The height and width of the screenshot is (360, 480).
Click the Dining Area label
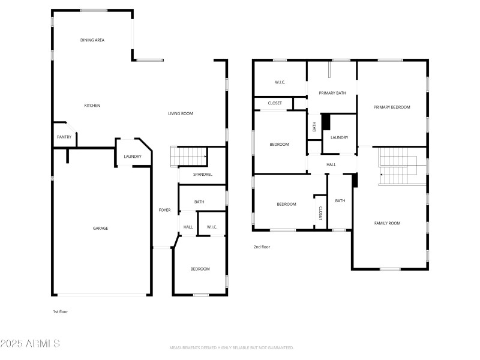[x=92, y=40]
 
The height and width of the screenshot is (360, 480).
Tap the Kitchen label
[x=92, y=106]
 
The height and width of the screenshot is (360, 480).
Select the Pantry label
[x=64, y=137]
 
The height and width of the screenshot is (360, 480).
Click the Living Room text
[x=180, y=113]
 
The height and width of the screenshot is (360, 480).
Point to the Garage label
[x=100, y=228]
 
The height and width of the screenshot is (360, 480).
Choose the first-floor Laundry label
[x=133, y=157]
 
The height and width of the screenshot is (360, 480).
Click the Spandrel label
[x=202, y=175]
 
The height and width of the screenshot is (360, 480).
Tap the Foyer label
[x=164, y=210]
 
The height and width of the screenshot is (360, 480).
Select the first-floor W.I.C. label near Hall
[x=212, y=227]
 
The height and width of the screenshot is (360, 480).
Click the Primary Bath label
[x=332, y=93]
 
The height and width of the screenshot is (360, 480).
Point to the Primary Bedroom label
[x=392, y=107]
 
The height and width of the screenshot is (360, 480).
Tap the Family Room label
[x=387, y=223]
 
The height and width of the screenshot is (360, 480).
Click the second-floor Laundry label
[x=339, y=137]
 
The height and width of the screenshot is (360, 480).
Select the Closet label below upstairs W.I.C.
[x=275, y=103]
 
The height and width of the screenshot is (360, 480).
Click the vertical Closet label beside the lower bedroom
[x=320, y=213]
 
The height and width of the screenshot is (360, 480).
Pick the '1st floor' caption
[x=61, y=311]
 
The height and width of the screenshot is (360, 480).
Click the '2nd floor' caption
[x=262, y=247]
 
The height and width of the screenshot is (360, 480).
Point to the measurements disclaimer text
[x=232, y=348]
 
